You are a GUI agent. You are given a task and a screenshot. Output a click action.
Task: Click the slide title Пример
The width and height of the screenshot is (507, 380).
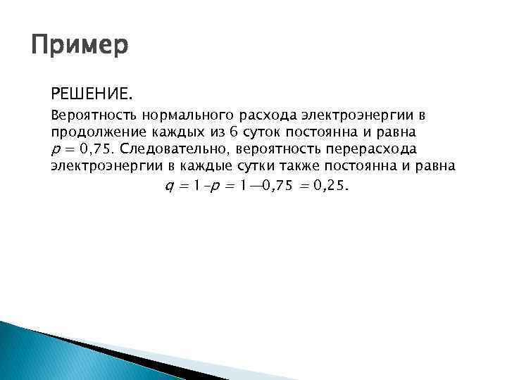[80, 47]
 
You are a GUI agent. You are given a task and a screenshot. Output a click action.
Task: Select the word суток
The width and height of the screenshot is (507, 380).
[263, 132]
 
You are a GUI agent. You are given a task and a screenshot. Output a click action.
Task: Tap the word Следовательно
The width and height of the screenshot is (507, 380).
[176, 149]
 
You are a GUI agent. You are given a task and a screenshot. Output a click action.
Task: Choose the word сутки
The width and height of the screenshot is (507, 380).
[240, 167]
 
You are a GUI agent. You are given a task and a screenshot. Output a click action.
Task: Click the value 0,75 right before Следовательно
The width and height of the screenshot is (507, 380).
[96, 149]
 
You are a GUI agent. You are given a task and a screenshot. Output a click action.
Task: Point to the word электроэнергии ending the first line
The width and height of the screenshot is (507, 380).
[351, 114]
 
